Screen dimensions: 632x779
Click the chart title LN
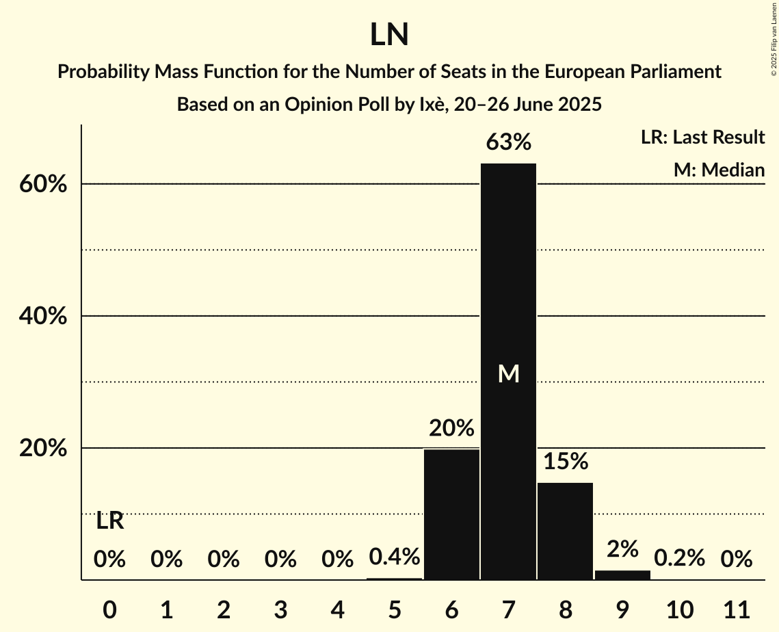point(389,35)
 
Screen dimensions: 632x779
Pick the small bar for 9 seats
point(622,575)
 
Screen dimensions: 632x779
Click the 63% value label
point(508,143)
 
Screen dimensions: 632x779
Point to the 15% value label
point(566,462)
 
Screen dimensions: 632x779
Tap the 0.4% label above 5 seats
point(395,557)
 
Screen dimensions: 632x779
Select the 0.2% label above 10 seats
point(679,559)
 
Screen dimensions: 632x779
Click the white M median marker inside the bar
point(508,373)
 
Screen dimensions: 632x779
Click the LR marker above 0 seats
point(109,521)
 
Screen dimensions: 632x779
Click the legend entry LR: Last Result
point(702,137)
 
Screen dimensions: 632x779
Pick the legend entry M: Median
point(718,170)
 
